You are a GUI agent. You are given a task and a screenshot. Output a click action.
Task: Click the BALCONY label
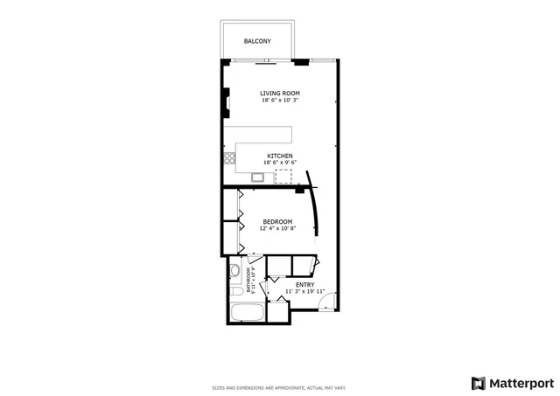click(257, 41)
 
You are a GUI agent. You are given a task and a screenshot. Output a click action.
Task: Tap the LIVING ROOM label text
click(280, 93)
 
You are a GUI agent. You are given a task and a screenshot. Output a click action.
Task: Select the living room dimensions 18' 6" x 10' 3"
click(280, 101)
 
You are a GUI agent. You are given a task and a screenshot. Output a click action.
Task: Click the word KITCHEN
click(280, 156)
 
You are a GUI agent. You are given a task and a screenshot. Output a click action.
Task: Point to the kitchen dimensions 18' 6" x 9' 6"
click(280, 163)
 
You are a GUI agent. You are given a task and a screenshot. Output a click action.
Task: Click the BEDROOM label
click(277, 222)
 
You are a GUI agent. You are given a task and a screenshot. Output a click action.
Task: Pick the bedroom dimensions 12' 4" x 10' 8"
click(277, 229)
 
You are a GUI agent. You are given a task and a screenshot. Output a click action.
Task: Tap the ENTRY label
click(304, 285)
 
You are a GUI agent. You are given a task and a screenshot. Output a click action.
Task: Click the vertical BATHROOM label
click(248, 280)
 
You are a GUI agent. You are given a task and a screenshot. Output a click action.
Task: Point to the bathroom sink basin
click(234, 272)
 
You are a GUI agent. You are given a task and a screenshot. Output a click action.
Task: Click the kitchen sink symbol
click(258, 177)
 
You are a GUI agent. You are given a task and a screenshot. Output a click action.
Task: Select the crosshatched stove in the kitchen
click(230, 158)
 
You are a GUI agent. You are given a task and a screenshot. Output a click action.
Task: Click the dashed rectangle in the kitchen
click(285, 177)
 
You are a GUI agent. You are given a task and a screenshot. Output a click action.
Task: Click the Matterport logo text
click(520, 382)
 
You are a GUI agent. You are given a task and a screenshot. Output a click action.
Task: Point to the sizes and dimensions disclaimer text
click(280, 387)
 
